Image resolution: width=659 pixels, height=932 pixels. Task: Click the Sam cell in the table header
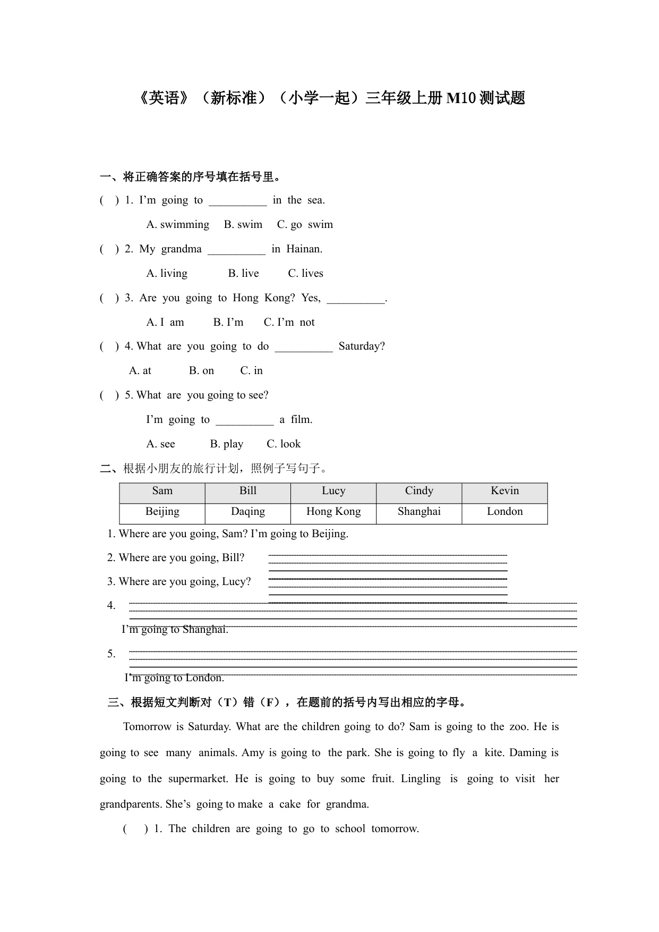[162, 491]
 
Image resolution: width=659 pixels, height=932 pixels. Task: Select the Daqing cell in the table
[247, 512]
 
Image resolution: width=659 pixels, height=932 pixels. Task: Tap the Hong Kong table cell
[333, 512]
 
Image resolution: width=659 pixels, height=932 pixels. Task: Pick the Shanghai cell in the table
[419, 512]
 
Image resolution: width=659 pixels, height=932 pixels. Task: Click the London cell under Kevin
[504, 512]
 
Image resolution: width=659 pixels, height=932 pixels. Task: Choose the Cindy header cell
[419, 491]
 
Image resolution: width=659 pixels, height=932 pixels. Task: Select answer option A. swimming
[178, 225]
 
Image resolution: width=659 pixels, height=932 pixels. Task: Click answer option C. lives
[305, 274]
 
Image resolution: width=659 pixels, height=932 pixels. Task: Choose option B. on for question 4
[201, 371]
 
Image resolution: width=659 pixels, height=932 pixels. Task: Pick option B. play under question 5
[226, 444]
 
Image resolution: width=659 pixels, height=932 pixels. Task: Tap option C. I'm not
[289, 323]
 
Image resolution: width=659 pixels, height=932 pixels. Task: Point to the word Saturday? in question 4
[362, 346]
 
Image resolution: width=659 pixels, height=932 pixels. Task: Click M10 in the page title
[460, 98]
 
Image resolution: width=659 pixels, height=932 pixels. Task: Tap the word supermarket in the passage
[198, 779]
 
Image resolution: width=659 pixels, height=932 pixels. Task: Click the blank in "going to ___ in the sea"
[237, 201]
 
